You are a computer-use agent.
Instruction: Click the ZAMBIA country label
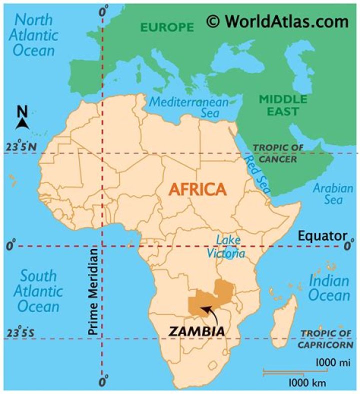pos(196,331)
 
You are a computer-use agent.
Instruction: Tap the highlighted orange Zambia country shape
pos(200,302)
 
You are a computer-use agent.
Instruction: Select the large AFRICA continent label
pos(197,189)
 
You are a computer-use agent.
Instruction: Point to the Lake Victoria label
pos(226,246)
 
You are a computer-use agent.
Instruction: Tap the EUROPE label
pos(166,27)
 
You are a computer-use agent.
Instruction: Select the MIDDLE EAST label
pos(279,105)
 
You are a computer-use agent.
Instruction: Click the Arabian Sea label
pos(332,194)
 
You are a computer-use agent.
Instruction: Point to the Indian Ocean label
pos(328,287)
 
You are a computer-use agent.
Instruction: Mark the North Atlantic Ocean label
pos(33,35)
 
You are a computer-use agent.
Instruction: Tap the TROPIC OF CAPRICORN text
pos(325,339)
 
